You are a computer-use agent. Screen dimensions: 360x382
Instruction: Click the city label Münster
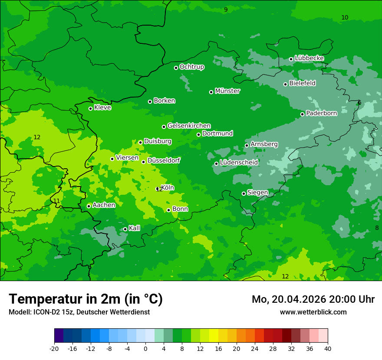coord(227,91)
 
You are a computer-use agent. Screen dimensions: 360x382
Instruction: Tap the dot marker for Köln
coord(158,189)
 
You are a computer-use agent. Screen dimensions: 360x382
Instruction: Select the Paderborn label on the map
coord(322,113)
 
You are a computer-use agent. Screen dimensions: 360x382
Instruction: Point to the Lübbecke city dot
coord(291,59)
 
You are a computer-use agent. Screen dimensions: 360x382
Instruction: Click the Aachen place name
coord(104,205)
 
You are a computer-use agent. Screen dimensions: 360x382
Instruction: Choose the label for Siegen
coord(257,193)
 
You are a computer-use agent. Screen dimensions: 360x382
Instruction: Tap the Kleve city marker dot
coord(90,108)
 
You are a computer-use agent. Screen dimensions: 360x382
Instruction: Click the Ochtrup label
coord(192,67)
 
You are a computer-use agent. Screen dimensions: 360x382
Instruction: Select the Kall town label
coord(135,228)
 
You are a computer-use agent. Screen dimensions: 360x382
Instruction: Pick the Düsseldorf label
coord(164,160)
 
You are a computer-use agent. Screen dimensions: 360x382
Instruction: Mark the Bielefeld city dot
coord(285,84)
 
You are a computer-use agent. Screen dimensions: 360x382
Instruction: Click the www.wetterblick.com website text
coord(313,312)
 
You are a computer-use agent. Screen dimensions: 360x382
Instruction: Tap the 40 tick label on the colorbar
coord(327,348)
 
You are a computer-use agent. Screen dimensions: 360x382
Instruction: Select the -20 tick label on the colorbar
coord(54,348)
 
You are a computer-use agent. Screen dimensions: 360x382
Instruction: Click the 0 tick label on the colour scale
coord(145,348)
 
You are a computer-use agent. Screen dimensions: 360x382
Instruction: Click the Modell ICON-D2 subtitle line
coord(79,312)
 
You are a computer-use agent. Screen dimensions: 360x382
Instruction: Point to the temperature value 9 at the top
coord(226,10)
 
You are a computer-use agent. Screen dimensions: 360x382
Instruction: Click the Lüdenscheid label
coord(239,163)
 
